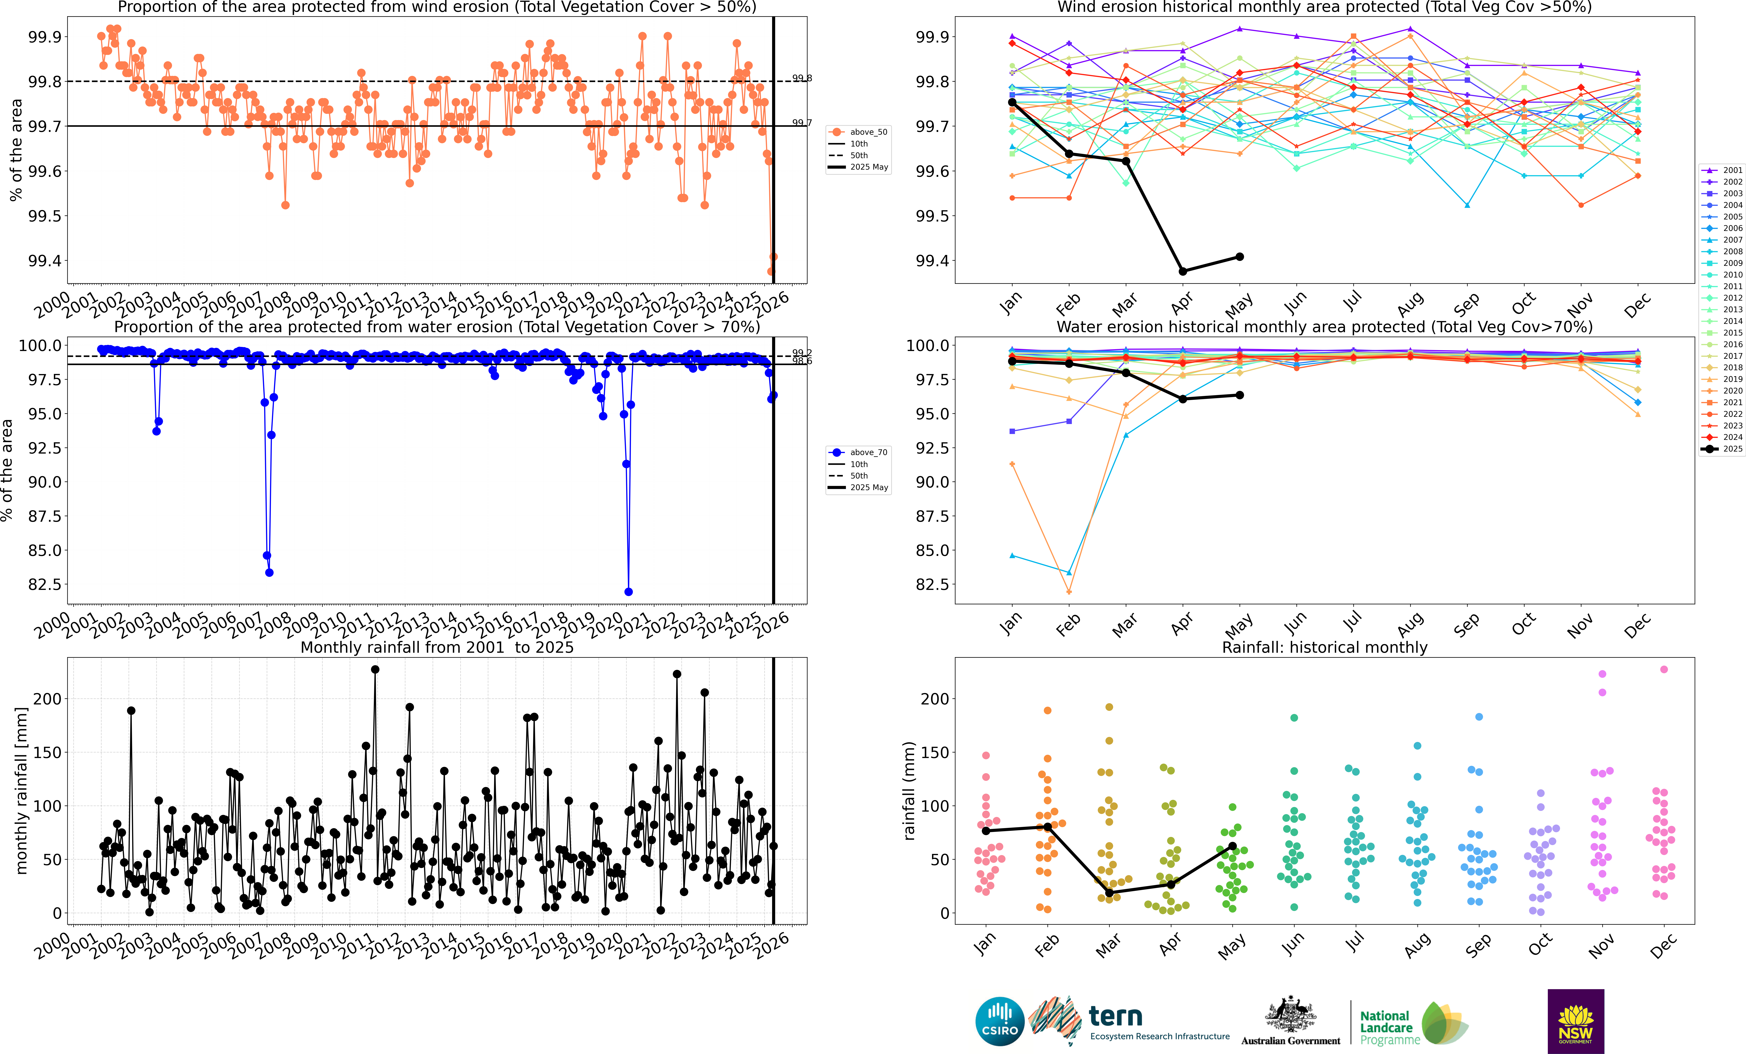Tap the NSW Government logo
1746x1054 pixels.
point(1575,1021)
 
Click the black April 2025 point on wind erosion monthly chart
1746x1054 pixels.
point(1183,271)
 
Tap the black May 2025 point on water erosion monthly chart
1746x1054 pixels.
point(1239,395)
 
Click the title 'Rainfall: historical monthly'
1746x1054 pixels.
point(1324,647)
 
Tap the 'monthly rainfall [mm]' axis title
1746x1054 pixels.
point(21,790)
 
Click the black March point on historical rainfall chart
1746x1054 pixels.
point(1109,892)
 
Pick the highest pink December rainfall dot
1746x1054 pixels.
point(1664,669)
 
